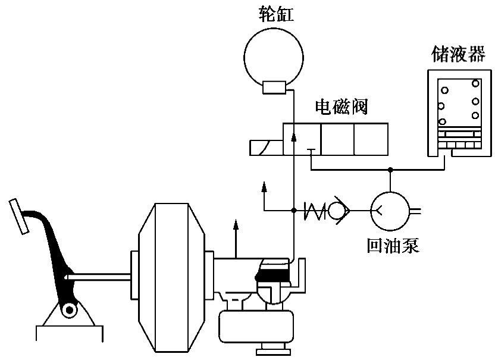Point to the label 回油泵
(x=393, y=245)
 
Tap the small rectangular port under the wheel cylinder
(x=275, y=87)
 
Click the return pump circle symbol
(x=390, y=209)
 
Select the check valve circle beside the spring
(x=340, y=209)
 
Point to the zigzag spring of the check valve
(x=316, y=209)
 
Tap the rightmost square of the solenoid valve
(x=371, y=140)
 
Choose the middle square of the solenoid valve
(x=337, y=140)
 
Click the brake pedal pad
(x=18, y=217)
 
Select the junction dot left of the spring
(x=294, y=209)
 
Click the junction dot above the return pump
(x=390, y=170)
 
